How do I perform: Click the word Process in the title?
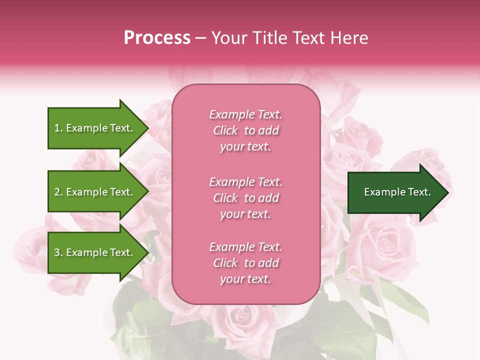click(x=157, y=38)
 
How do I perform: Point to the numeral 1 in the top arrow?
click(x=57, y=128)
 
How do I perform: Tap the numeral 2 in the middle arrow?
click(x=57, y=192)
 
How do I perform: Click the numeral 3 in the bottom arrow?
click(x=57, y=252)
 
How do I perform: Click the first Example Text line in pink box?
click(x=245, y=114)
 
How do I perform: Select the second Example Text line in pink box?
click(x=245, y=182)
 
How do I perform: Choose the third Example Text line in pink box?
click(x=245, y=247)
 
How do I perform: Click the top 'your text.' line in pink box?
click(x=245, y=147)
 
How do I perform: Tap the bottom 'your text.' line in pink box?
click(x=245, y=279)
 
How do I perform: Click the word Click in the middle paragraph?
click(x=225, y=198)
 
